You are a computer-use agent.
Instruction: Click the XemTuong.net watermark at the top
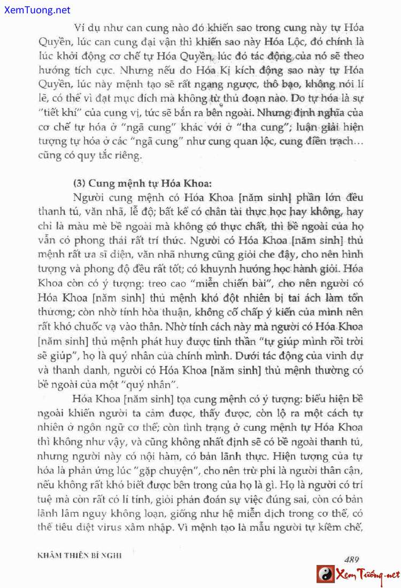[x=35, y=10]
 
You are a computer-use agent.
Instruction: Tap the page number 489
[x=351, y=560]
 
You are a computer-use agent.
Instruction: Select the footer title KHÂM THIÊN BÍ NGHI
[x=80, y=555]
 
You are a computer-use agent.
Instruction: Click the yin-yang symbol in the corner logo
[x=324, y=575]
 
